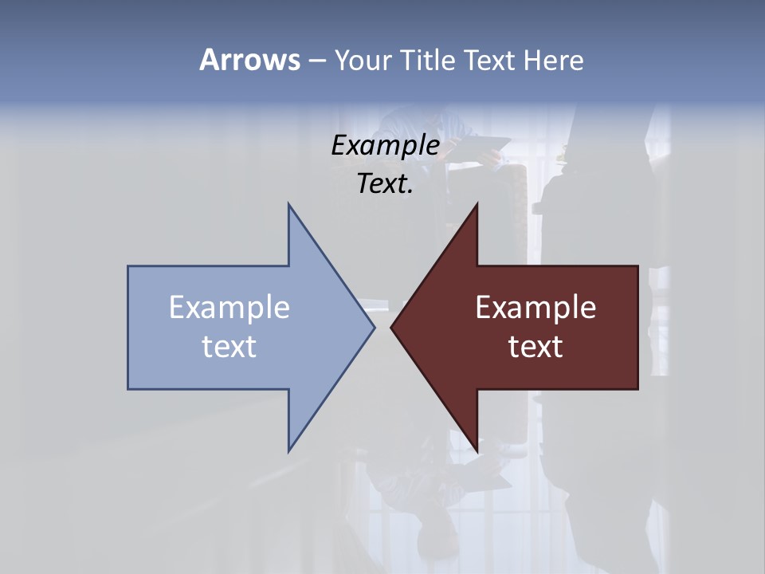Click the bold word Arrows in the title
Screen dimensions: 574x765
(x=249, y=60)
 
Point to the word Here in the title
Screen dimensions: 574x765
(x=554, y=60)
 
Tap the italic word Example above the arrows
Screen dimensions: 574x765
(x=385, y=145)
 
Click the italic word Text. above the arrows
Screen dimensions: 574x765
(x=385, y=183)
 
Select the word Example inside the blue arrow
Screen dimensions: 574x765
(x=229, y=307)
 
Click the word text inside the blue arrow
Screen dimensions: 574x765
(x=229, y=346)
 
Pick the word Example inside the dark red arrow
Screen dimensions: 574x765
(x=535, y=307)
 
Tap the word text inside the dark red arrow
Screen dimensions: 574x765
(x=535, y=346)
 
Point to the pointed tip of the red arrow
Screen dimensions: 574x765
(x=392, y=326)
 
